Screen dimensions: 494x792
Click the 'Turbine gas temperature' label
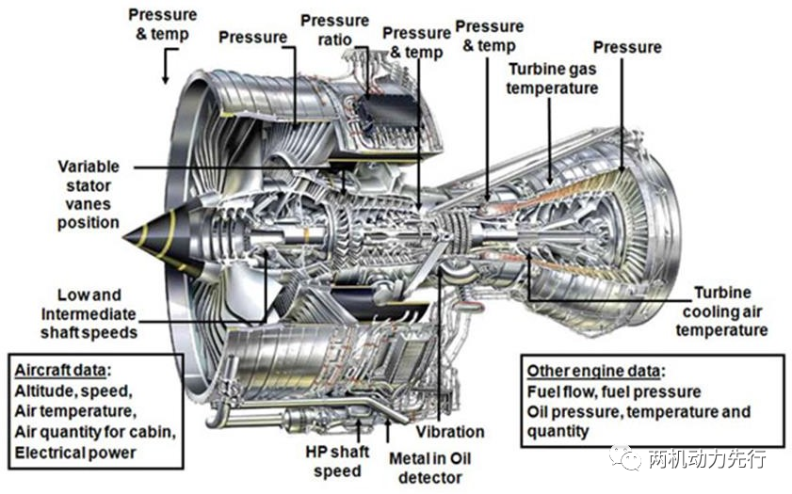tap(552, 78)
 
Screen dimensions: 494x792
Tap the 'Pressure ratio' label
tap(334, 30)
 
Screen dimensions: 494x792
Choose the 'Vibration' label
tap(450, 432)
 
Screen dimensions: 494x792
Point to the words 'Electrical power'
tap(74, 453)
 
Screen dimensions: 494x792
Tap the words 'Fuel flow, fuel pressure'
tap(613, 391)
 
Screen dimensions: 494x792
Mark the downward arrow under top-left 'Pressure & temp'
tap(166, 66)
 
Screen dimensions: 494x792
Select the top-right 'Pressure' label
tap(627, 46)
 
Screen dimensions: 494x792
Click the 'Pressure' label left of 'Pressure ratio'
tap(252, 37)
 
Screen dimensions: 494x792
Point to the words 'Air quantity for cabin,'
tap(94, 432)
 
